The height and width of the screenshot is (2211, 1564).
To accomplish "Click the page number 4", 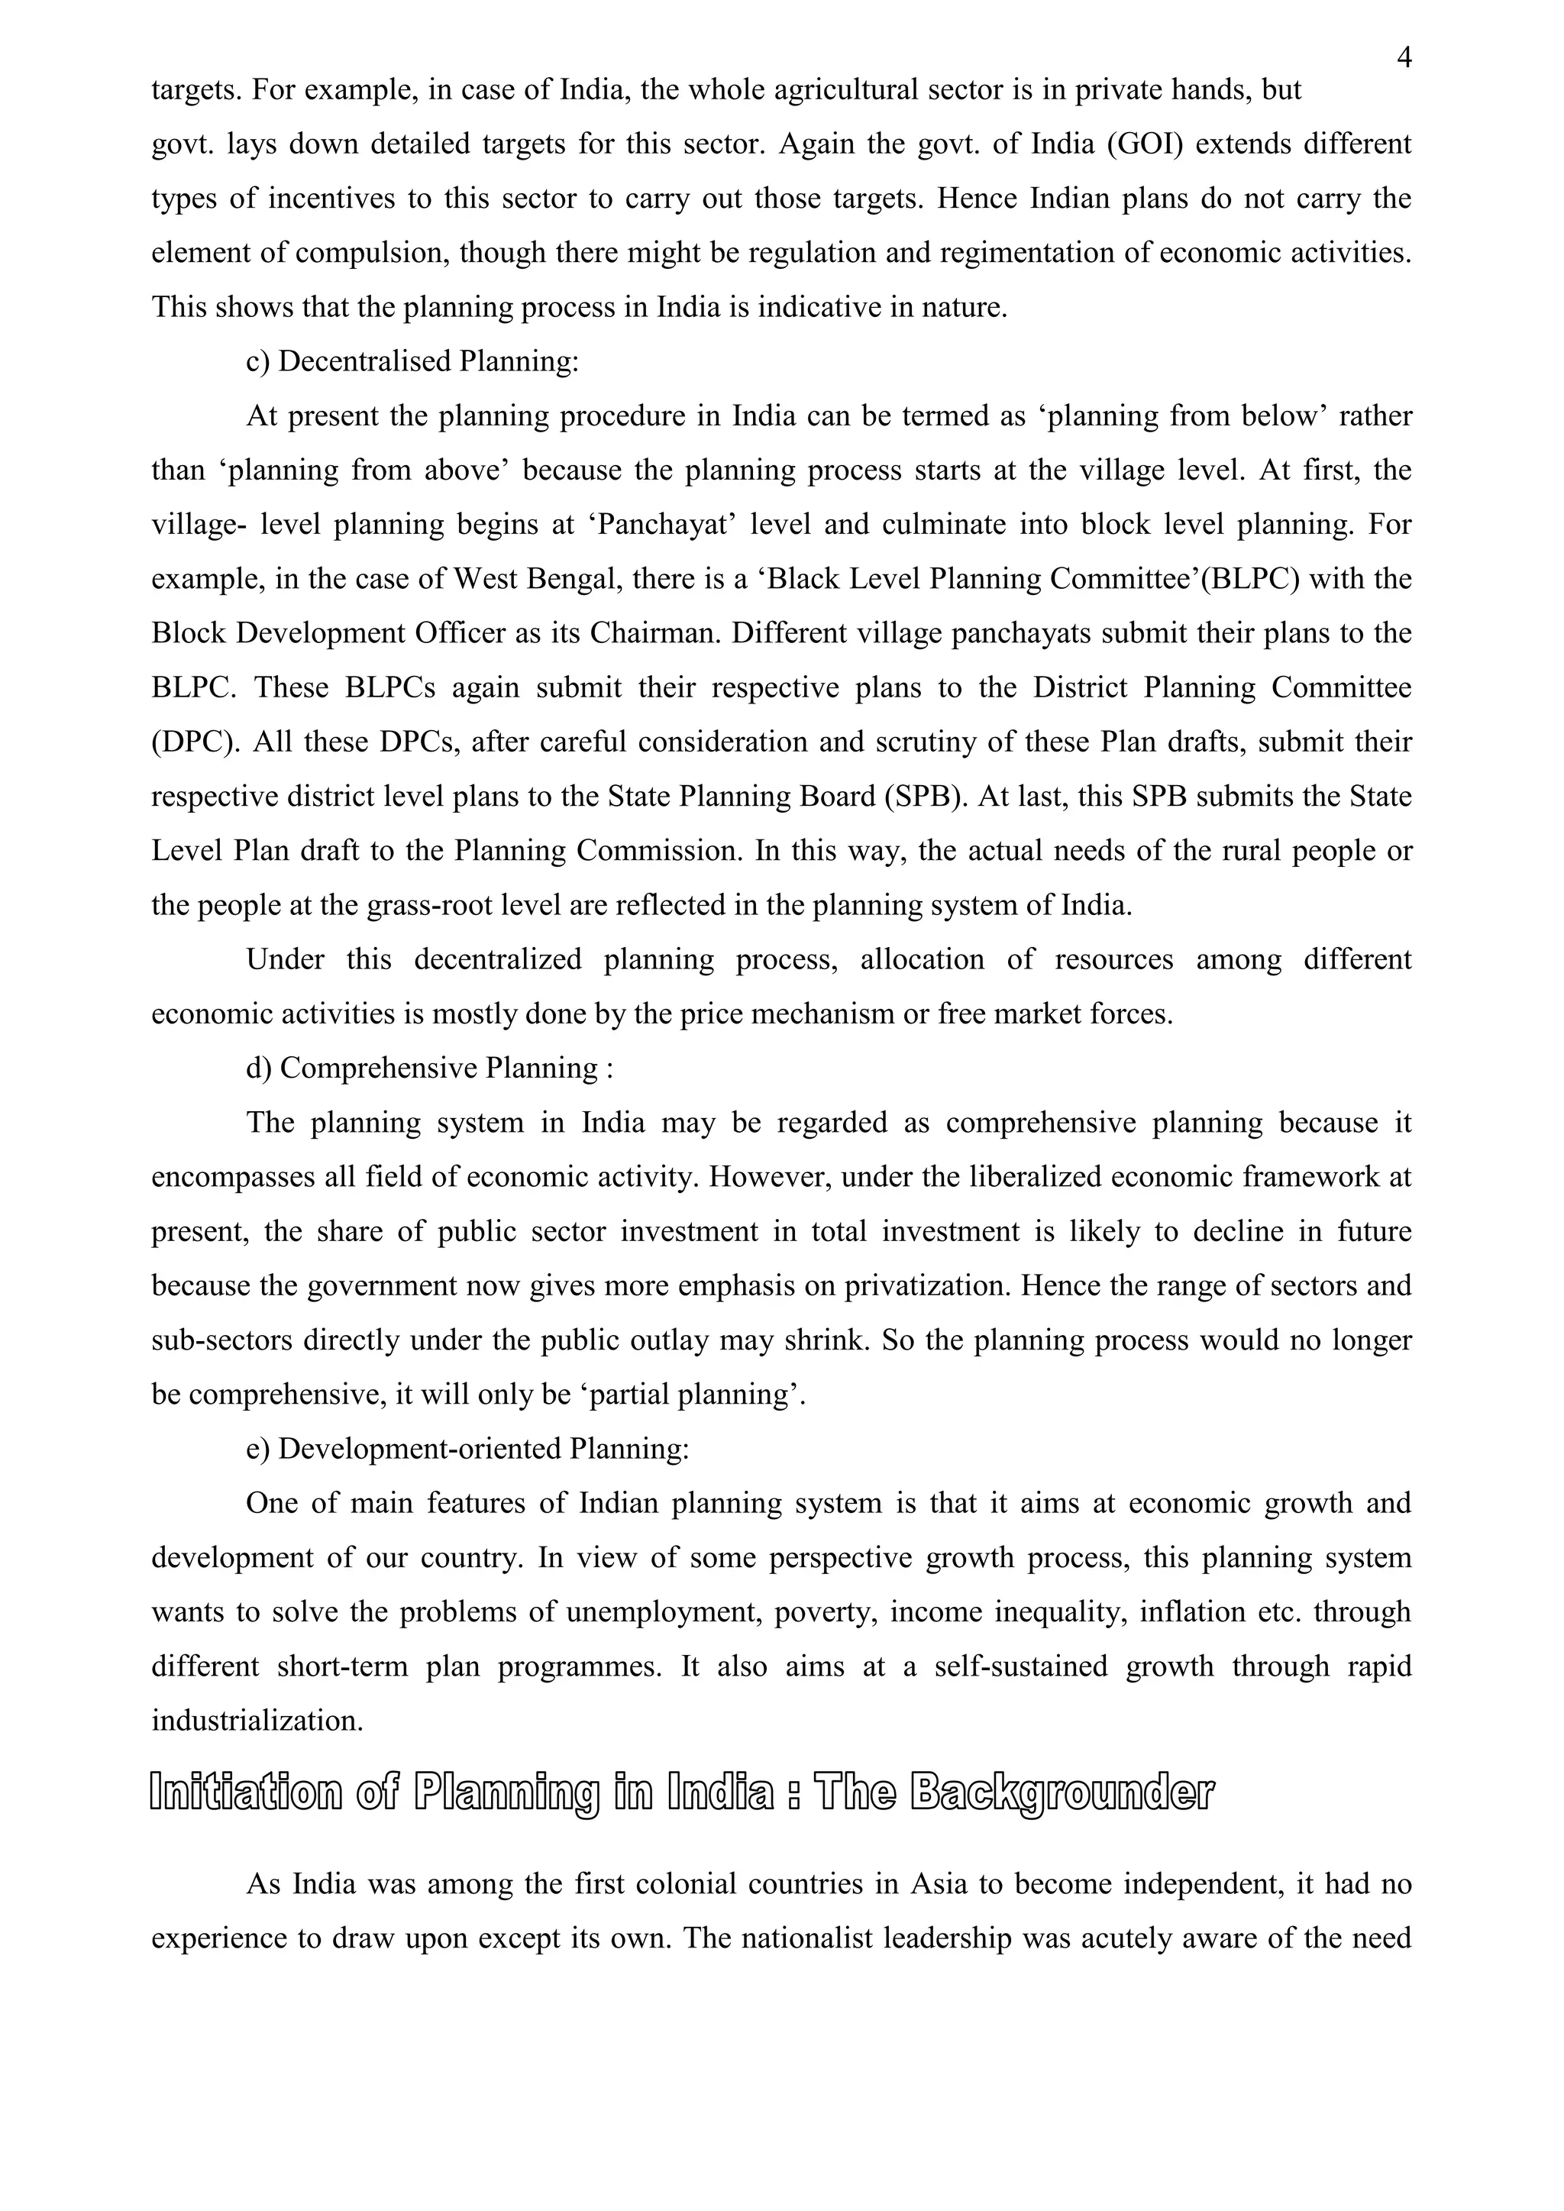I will coord(1404,60).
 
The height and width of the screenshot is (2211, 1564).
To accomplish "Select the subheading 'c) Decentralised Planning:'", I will coord(413,361).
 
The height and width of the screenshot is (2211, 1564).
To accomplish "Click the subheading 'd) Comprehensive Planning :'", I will coord(429,1068).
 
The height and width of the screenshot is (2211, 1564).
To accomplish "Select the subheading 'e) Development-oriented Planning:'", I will coord(467,1448).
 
